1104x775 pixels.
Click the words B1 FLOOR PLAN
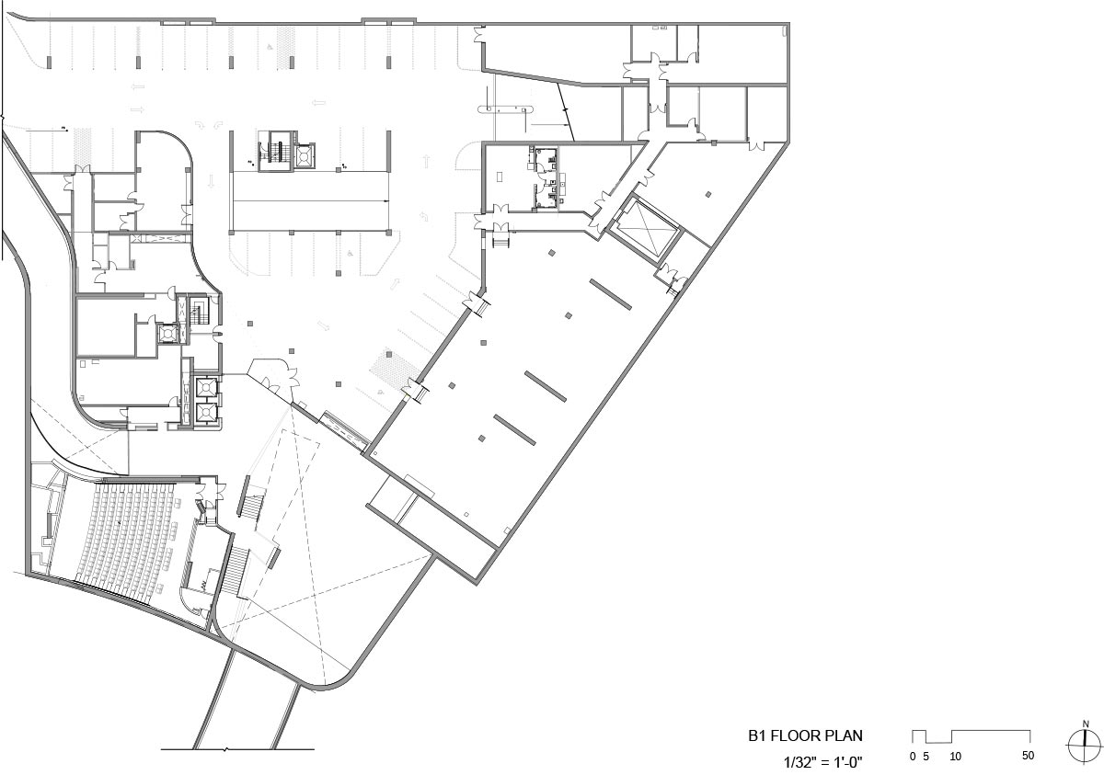[805, 735]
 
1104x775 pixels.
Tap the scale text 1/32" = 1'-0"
[823, 763]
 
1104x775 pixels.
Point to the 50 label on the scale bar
[1029, 756]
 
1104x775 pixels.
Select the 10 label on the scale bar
[956, 757]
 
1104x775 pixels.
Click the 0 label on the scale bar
[913, 757]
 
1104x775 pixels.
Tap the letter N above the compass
[1086, 724]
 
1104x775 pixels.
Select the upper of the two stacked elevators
[206, 387]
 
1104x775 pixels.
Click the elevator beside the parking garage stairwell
[305, 156]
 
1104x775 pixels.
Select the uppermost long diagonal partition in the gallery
[611, 294]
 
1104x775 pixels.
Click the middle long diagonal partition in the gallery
[546, 386]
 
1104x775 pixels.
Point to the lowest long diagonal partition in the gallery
[514, 430]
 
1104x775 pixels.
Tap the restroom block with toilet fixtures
[547, 178]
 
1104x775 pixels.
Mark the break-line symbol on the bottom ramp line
[226, 749]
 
